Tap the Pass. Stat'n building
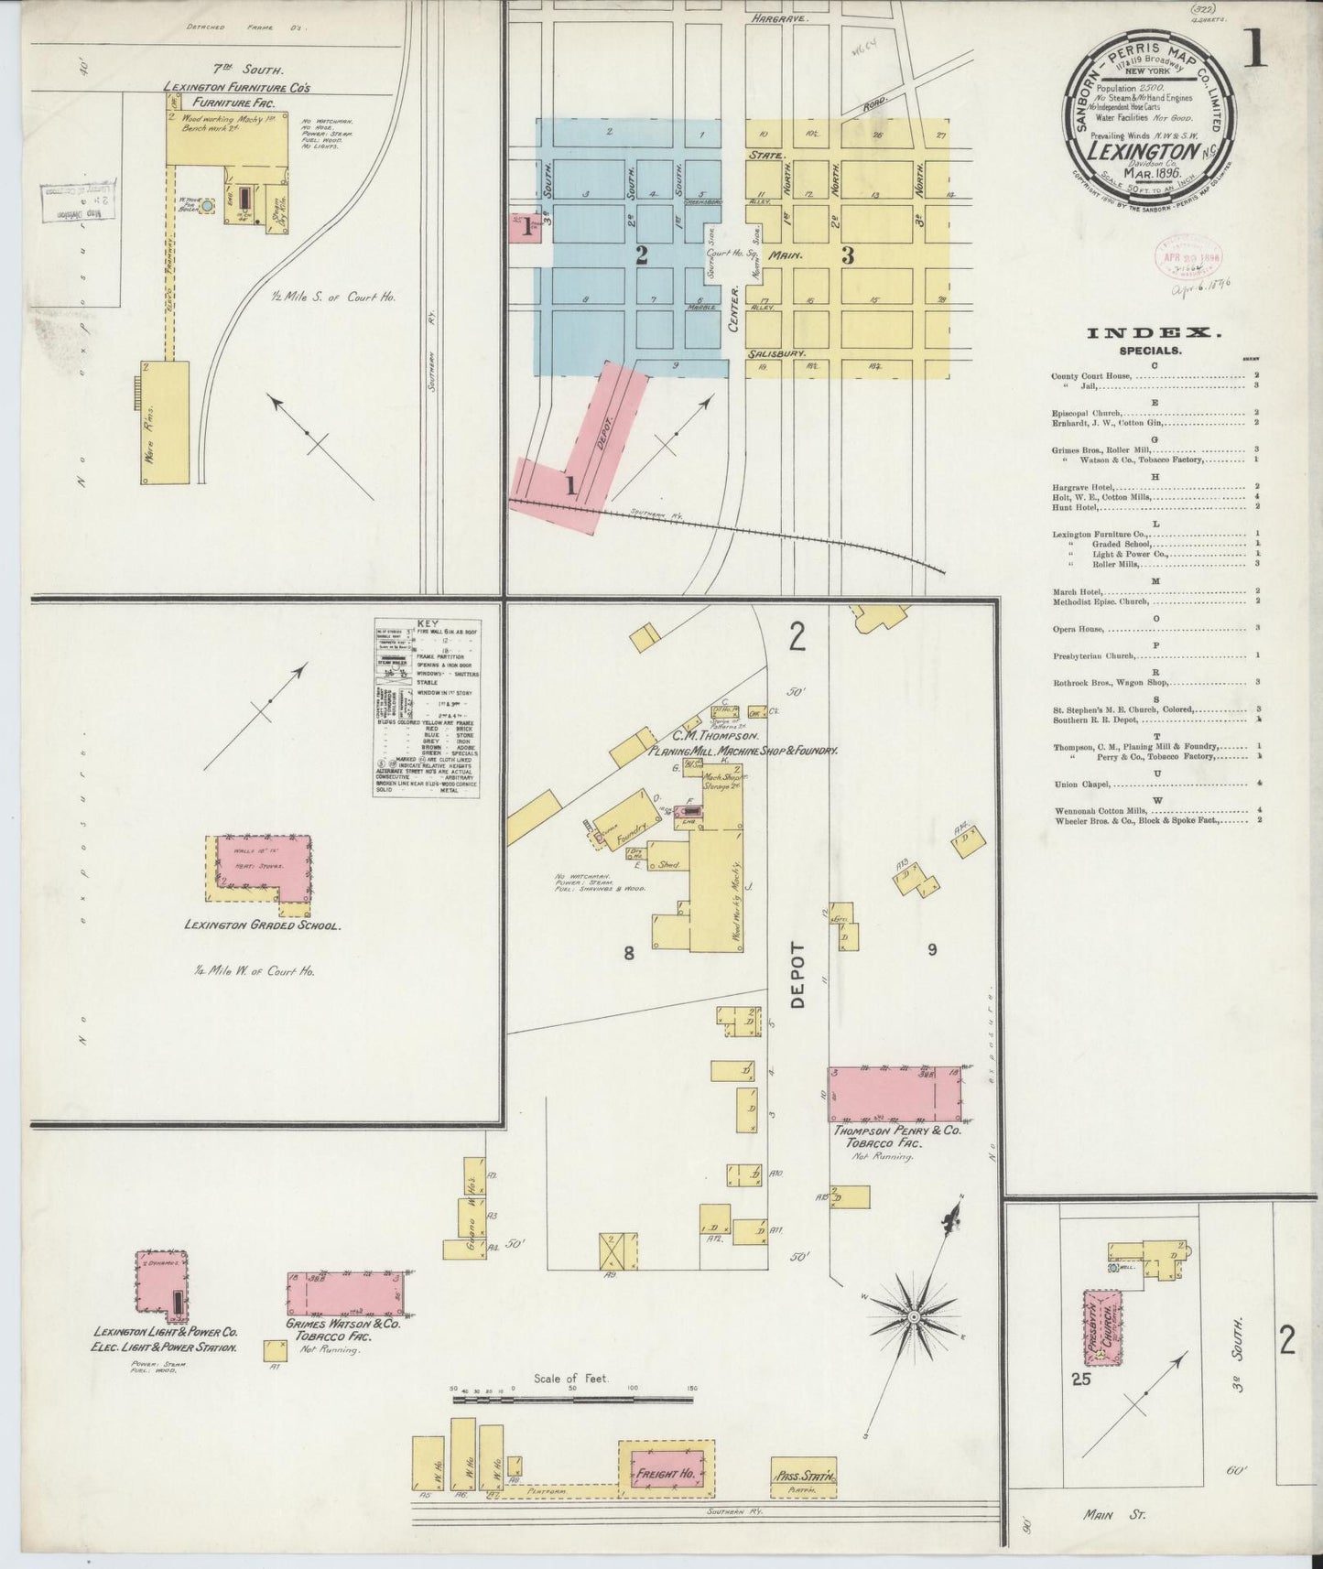click(x=804, y=1476)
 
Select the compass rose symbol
click(x=912, y=1316)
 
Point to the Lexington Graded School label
click(x=263, y=925)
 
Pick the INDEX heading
click(x=1153, y=334)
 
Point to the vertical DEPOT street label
click(x=797, y=976)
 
